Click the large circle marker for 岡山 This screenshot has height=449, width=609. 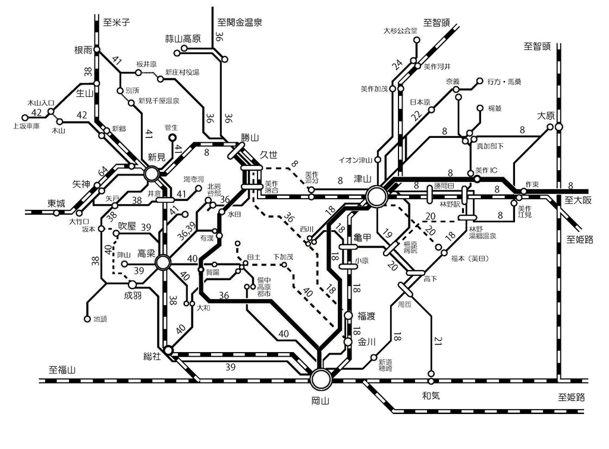click(321, 378)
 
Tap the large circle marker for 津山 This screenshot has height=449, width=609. click(376, 196)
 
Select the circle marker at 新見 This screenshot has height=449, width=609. click(152, 174)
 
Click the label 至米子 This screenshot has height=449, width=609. click(116, 23)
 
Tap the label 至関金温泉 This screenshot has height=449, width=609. click(240, 23)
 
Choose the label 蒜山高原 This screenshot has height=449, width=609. click(183, 39)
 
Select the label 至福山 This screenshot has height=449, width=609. click(62, 369)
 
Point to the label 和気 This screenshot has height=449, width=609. click(431, 395)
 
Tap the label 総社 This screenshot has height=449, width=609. click(153, 356)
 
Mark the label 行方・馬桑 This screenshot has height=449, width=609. click(504, 81)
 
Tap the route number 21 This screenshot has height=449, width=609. click(438, 340)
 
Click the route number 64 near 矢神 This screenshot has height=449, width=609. click(104, 172)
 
